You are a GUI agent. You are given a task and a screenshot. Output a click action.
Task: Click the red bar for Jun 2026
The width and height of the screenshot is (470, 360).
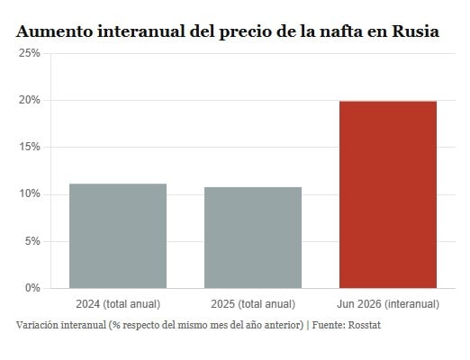click(388, 194)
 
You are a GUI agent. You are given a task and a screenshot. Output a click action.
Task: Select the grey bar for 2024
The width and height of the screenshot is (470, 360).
click(118, 236)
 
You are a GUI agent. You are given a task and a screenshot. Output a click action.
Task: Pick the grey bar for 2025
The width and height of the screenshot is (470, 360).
click(253, 238)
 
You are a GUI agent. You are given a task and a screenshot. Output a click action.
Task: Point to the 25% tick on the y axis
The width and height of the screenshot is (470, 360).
click(29, 53)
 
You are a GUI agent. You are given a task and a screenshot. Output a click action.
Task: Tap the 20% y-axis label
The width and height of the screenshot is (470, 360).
click(29, 100)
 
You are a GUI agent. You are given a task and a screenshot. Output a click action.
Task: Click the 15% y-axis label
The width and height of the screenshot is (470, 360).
click(29, 147)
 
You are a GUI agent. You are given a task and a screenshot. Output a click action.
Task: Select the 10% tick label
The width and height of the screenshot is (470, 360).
click(29, 194)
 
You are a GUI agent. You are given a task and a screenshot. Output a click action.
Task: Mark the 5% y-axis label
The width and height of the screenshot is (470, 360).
click(32, 241)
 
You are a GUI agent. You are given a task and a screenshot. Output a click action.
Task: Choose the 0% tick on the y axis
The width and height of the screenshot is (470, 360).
click(32, 288)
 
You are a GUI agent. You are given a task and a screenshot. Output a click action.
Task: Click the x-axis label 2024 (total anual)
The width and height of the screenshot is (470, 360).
click(118, 304)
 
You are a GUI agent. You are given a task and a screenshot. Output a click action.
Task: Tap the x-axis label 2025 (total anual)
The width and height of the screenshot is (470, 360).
click(253, 304)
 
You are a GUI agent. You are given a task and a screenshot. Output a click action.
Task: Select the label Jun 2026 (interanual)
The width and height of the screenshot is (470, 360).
click(388, 304)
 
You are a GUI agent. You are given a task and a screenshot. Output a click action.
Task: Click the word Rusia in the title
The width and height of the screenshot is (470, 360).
click(416, 31)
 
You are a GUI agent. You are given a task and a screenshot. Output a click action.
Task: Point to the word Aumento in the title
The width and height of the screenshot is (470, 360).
click(55, 31)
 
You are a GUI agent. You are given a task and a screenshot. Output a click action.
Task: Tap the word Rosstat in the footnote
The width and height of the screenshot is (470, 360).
click(364, 325)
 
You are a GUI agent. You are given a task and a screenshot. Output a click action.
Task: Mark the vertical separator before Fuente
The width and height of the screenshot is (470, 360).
click(308, 325)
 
